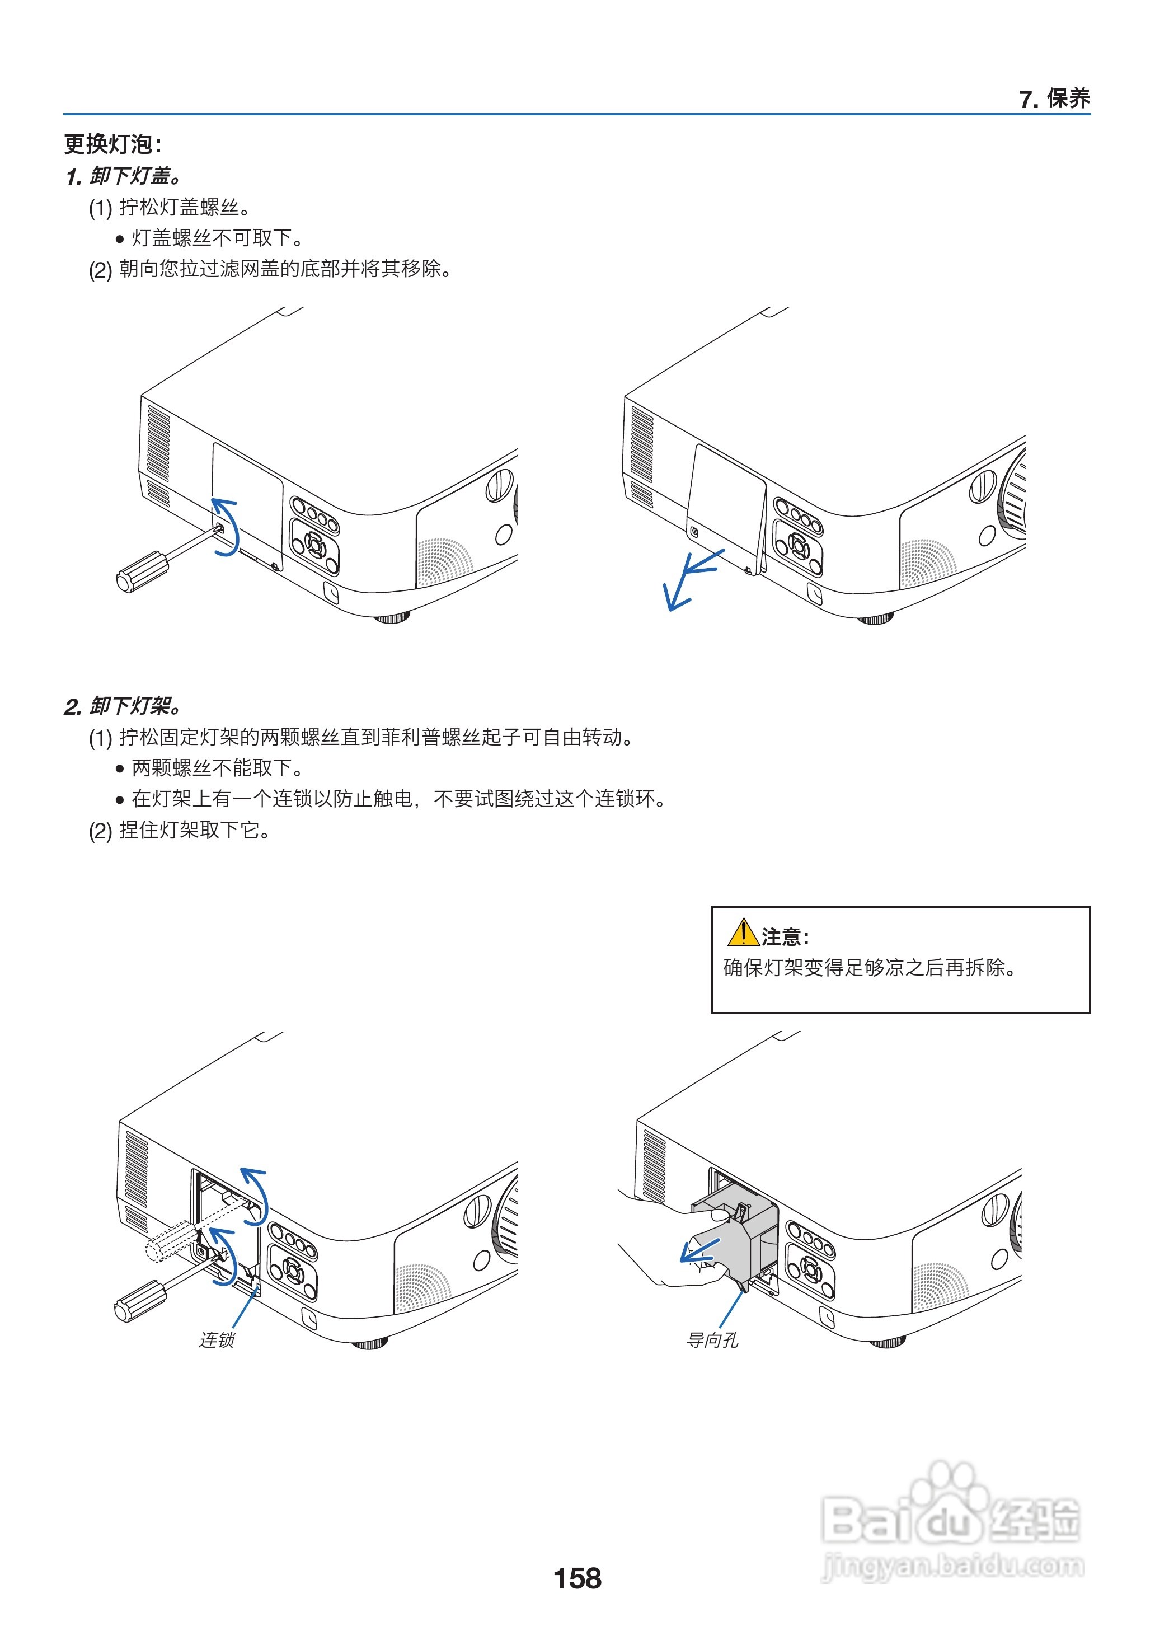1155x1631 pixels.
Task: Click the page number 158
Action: (577, 1578)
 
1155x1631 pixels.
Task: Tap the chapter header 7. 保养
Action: (1054, 99)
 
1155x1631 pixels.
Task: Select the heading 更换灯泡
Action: (112, 144)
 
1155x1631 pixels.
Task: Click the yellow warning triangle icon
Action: (743, 932)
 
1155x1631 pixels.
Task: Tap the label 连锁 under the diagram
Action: (216, 1339)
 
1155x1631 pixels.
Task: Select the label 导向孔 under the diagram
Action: (712, 1339)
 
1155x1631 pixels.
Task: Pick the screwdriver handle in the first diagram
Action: (142, 570)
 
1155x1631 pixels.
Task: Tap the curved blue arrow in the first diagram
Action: (228, 526)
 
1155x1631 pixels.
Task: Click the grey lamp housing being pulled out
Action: (740, 1238)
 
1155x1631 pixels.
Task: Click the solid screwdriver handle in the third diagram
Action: (140, 1300)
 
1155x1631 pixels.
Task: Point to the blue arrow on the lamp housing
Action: (701, 1250)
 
